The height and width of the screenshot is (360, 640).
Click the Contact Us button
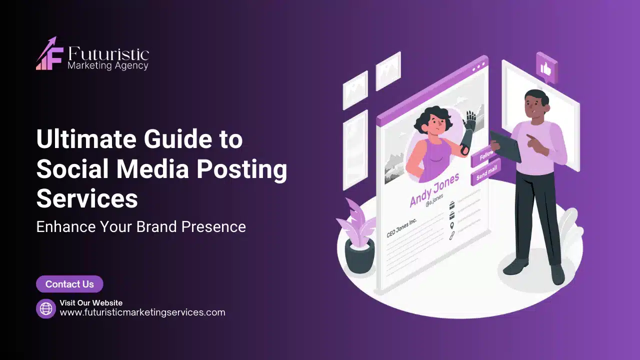69,284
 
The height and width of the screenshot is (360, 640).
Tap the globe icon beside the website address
46,308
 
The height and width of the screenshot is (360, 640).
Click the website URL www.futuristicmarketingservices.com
142,312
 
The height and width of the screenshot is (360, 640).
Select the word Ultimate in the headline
86,139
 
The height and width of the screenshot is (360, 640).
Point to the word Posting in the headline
241,169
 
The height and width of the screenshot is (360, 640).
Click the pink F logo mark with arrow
49,53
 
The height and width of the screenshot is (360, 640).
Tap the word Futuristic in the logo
108,53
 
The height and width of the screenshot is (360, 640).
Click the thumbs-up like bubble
546,68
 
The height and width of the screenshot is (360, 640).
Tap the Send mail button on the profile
485,173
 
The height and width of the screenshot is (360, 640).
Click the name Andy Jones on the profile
434,189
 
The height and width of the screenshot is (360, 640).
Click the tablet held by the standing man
505,146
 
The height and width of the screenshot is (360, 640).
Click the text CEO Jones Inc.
401,228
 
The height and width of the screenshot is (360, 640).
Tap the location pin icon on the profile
451,226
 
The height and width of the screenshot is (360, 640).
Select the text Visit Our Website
91,303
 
